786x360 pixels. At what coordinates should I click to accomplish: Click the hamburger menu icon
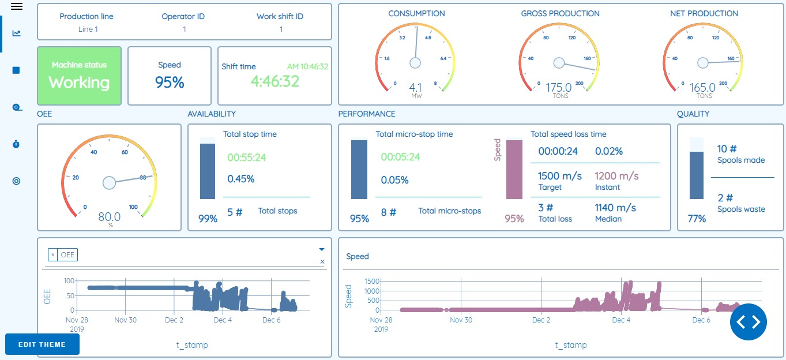click(17, 6)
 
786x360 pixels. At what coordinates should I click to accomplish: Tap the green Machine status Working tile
click(79, 76)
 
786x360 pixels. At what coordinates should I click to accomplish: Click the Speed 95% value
click(170, 82)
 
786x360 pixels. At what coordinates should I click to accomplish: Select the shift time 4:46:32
click(275, 81)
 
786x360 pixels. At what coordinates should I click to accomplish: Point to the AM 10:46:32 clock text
click(307, 66)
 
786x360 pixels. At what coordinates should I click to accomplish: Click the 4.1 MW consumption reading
click(416, 88)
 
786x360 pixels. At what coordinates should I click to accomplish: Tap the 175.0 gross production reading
click(559, 88)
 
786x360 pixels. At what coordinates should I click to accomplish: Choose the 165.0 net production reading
click(703, 88)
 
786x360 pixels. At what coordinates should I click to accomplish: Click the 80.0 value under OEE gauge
click(109, 217)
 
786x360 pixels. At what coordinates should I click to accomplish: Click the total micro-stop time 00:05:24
click(400, 157)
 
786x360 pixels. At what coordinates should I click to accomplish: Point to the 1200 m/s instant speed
click(616, 176)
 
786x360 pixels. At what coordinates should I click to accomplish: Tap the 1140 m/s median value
click(615, 207)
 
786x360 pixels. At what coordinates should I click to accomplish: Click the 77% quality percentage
click(697, 219)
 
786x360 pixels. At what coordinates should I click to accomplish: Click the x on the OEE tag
click(53, 254)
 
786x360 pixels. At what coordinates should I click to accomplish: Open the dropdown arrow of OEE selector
click(322, 250)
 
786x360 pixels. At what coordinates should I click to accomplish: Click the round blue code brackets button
click(748, 322)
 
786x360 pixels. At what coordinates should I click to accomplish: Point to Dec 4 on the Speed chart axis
click(621, 320)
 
